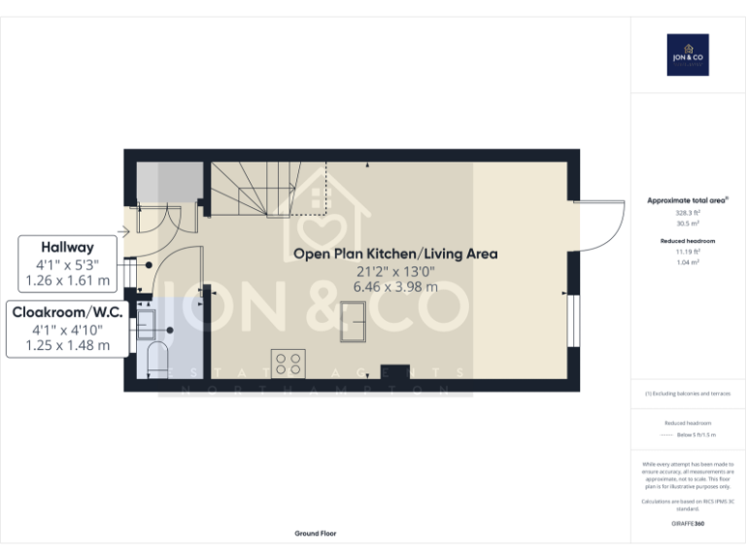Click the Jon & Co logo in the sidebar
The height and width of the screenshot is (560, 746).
pyautogui.click(x=687, y=54)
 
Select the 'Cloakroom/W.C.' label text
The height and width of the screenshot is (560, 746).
pyautogui.click(x=67, y=312)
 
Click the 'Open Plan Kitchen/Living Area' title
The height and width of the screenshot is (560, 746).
pyautogui.click(x=395, y=254)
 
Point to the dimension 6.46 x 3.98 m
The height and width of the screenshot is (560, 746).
pyautogui.click(x=395, y=287)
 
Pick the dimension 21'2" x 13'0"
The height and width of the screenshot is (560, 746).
pyautogui.click(x=395, y=271)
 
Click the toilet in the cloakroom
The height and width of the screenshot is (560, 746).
pyautogui.click(x=155, y=363)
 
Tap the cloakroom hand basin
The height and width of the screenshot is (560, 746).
pyautogui.click(x=149, y=321)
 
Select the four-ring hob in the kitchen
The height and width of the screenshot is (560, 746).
pyautogui.click(x=288, y=363)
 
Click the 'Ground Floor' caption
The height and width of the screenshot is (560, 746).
pyautogui.click(x=316, y=534)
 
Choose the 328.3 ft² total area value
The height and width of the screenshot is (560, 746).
pyautogui.click(x=687, y=213)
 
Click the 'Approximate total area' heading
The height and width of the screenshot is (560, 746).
pyautogui.click(x=687, y=200)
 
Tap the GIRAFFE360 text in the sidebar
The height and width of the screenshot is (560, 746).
pyautogui.click(x=687, y=524)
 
